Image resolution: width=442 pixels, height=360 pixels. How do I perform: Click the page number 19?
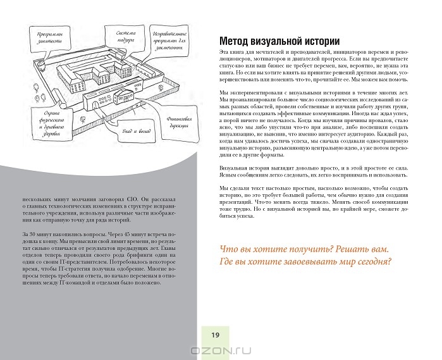214,335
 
